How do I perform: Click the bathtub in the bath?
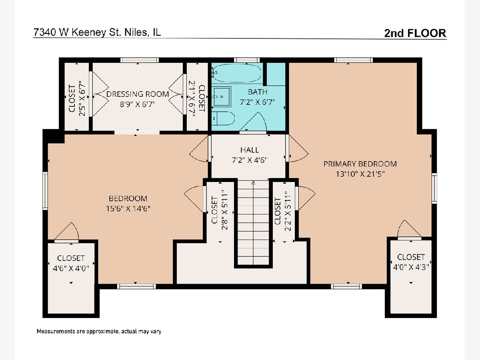click(x=237, y=73)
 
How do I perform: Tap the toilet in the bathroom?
click(x=223, y=118)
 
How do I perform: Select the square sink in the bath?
click(x=222, y=96)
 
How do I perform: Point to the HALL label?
click(x=250, y=150)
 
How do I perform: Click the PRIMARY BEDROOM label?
click(x=360, y=164)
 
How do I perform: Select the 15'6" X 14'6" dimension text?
click(x=128, y=209)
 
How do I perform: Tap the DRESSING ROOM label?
click(x=138, y=94)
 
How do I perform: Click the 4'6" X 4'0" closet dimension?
click(x=71, y=268)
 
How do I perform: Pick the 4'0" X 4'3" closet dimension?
click(x=411, y=267)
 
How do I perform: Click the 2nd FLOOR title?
click(x=415, y=33)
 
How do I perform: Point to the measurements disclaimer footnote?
click(x=99, y=331)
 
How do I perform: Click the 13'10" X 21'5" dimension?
click(x=360, y=174)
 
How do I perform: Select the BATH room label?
click(x=257, y=92)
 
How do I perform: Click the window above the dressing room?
click(x=140, y=60)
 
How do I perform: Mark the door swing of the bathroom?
click(x=253, y=122)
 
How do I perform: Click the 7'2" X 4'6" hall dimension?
click(x=250, y=160)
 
